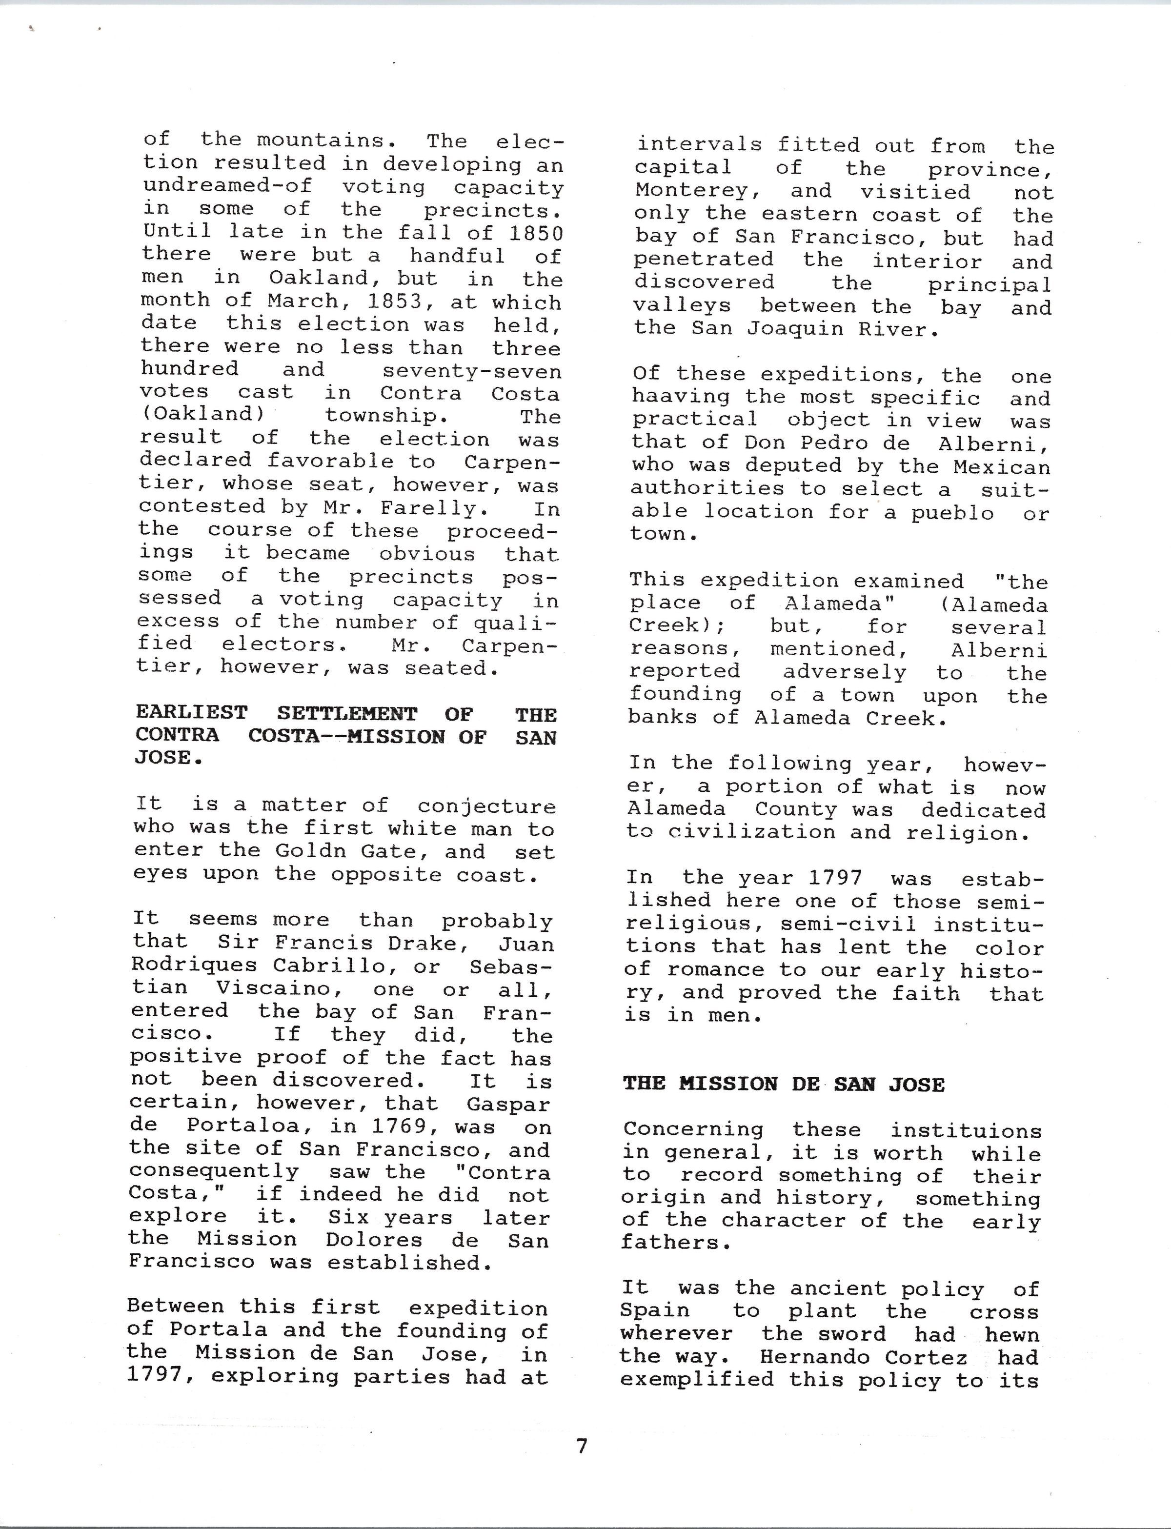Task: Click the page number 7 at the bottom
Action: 582,1447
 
